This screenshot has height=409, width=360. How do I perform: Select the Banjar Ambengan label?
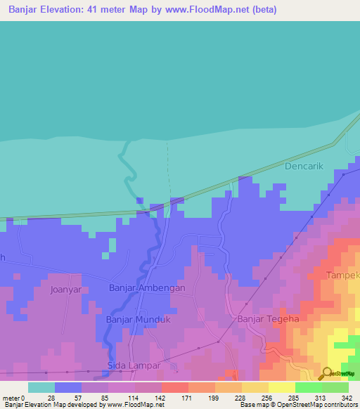click(x=147, y=288)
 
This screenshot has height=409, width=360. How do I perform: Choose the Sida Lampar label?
click(x=134, y=366)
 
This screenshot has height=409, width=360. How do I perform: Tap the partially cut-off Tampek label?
click(x=343, y=275)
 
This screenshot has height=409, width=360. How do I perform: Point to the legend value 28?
click(x=51, y=397)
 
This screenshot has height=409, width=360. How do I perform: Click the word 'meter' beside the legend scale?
click(x=12, y=397)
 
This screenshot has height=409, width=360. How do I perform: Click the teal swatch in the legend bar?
click(x=41, y=387)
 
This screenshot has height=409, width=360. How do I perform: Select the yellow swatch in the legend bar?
click(x=281, y=387)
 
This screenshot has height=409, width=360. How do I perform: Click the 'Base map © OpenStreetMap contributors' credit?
click(x=297, y=405)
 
